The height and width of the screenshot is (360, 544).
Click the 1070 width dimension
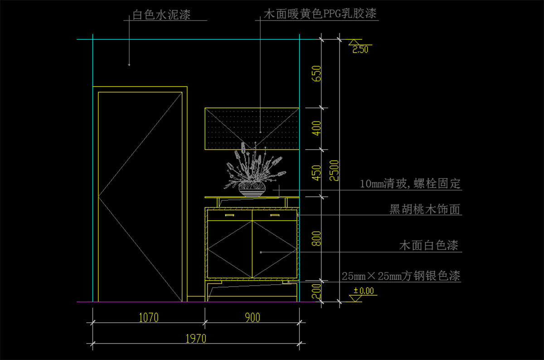pyautogui.click(x=148, y=317)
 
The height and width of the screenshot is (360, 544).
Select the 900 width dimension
pyautogui.click(x=252, y=317)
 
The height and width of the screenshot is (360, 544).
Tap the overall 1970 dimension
pyautogui.click(x=196, y=338)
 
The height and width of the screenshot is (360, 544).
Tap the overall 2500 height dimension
pyautogui.click(x=334, y=170)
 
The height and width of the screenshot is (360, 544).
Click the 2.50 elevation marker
pyautogui.click(x=360, y=49)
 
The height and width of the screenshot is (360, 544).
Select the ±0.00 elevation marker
pyautogui.click(x=364, y=291)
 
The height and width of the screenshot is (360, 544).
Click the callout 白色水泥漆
pyautogui.click(x=161, y=15)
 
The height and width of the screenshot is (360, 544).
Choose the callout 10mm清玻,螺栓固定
pyautogui.click(x=410, y=184)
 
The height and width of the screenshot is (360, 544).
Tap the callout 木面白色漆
pyautogui.click(x=428, y=246)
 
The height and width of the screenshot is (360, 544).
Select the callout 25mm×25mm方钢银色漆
pyautogui.click(x=401, y=276)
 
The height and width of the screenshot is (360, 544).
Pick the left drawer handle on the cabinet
pyautogui.click(x=229, y=215)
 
